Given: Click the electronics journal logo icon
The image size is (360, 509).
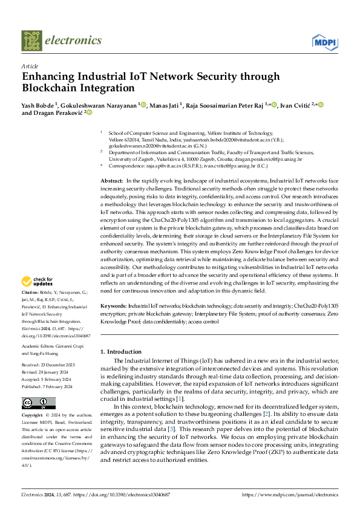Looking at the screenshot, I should (31, 41).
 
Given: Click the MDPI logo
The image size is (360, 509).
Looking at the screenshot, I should (324, 41).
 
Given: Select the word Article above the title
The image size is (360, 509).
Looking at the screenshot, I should (30, 66).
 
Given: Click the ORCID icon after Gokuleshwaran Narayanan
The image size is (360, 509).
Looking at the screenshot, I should (143, 105).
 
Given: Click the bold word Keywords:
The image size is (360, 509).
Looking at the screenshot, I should (114, 307).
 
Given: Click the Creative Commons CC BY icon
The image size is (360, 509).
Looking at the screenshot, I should (35, 404).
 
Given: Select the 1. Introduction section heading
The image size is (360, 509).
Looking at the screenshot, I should (120, 351).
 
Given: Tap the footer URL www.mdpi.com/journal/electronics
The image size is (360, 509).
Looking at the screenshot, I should (290, 494).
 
